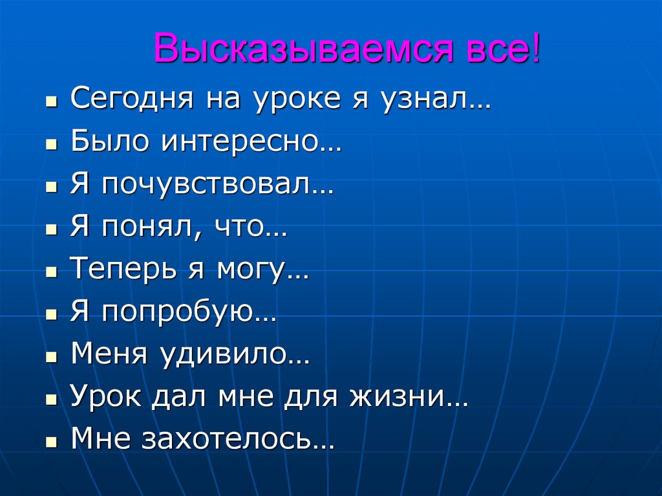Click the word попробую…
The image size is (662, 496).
pyautogui.click(x=188, y=314)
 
